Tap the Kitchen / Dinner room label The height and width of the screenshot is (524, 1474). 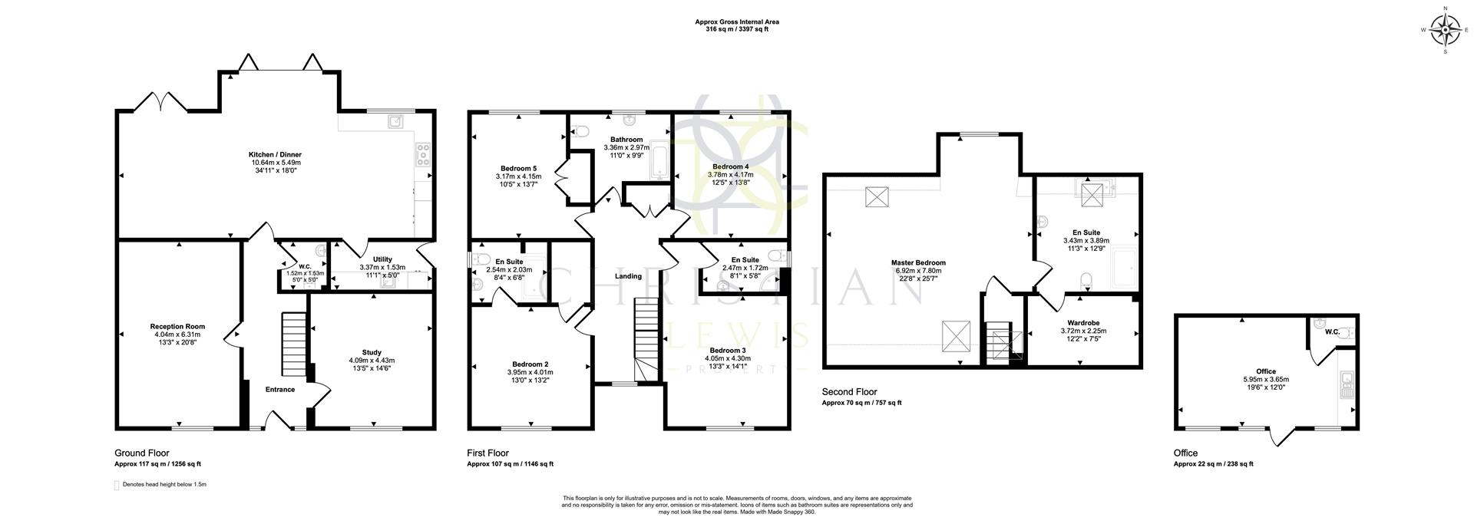tap(276, 154)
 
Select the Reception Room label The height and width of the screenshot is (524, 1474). tap(177, 326)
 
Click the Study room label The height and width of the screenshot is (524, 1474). tap(372, 352)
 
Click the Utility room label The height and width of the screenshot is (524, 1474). tap(382, 259)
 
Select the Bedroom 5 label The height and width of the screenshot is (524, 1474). tap(518, 168)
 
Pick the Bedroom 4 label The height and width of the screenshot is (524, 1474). tap(730, 166)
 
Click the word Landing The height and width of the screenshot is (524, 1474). tap(628, 276)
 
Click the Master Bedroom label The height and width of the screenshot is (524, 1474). tap(917, 262)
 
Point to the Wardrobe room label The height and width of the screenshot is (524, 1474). tap(1083, 322)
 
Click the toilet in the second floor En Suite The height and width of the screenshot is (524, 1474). tap(1086, 278)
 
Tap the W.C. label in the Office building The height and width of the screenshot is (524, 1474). tap(1332, 332)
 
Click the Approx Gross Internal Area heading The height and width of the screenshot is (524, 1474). tap(737, 22)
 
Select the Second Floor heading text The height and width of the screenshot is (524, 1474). tap(849, 392)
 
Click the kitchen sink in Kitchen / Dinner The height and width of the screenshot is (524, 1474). tap(396, 120)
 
